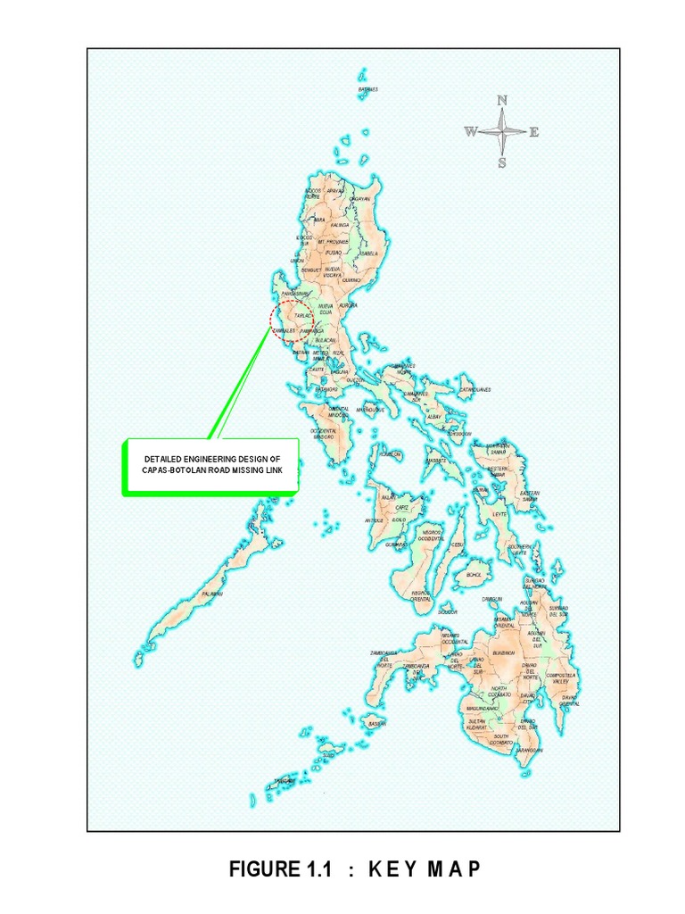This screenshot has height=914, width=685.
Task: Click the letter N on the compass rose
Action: pos(502,100)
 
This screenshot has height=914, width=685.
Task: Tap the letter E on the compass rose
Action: pos(534,132)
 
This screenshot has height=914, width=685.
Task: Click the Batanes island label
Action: pos(368,90)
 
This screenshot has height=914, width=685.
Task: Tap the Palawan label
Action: pos(211,594)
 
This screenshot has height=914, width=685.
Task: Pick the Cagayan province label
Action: pos(360,199)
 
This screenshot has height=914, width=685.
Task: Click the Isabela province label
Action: pos(369,253)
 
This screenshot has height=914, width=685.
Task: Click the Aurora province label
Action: pos(348,304)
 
